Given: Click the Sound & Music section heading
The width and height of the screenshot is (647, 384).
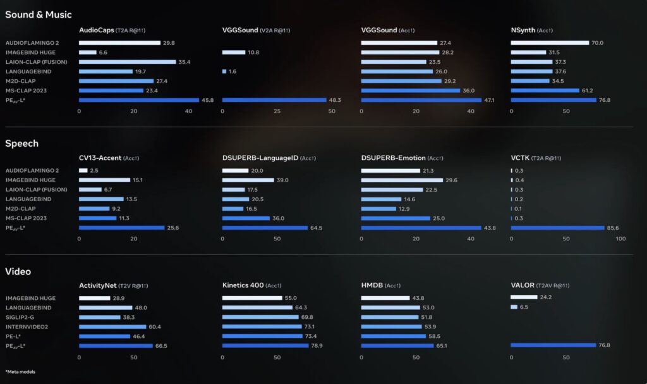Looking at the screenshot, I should (39, 15).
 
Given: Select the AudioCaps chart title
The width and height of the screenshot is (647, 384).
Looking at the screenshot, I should (96, 30).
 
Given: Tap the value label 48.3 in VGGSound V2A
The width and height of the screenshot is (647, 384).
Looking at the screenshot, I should (335, 100).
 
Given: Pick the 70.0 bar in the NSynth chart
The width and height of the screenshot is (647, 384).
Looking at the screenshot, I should (550, 43).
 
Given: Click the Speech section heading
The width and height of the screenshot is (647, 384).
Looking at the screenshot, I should (22, 144).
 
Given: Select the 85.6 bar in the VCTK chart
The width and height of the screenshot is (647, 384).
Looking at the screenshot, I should (557, 228).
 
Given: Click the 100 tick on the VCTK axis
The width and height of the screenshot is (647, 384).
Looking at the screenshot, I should (620, 239).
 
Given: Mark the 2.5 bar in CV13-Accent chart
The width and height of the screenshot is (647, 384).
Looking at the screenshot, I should (83, 171).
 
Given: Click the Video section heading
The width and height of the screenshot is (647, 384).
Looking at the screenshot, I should (18, 271).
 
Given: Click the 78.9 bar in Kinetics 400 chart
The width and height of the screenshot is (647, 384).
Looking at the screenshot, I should (265, 345).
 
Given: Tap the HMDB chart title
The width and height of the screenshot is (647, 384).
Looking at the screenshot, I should (373, 285).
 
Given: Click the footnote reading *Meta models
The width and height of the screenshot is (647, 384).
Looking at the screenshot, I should (20, 371).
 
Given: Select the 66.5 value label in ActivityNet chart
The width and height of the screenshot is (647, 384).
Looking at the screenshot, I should (162, 345).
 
